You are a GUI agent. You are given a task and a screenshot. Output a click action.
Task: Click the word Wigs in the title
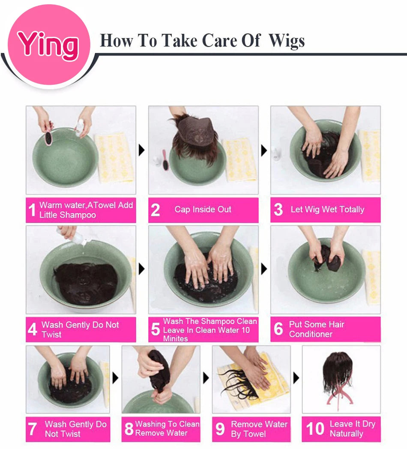coord(287,41)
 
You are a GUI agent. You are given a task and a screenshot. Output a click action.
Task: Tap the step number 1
coord(32,210)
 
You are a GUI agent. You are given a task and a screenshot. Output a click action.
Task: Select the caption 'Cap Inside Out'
coord(203,210)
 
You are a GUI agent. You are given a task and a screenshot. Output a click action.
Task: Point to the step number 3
coord(278,210)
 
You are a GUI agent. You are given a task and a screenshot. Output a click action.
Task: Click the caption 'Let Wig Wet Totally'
coord(327,210)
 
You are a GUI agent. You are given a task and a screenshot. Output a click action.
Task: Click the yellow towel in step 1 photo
coord(115,158)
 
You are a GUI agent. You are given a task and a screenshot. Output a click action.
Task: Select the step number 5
coord(155,329)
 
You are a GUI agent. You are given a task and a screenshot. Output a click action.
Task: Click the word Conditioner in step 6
coord(311,334)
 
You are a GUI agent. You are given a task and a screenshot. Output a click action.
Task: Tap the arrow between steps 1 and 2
coord(142,150)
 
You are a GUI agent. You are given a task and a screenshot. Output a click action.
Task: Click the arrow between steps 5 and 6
coord(264,269)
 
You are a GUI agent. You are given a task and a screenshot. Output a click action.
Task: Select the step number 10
coord(315,428)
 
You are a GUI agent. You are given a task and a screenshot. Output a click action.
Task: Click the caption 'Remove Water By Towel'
coord(259,429)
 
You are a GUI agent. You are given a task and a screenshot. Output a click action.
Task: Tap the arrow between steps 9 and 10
coord(296,378)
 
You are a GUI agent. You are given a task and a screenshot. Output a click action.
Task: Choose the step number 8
coord(129,428)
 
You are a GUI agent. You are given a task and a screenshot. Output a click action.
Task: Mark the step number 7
coord(32,429)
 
